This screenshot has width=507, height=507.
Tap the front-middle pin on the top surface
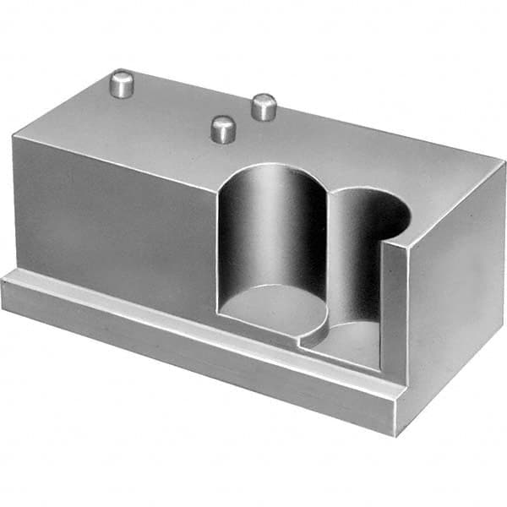coord(223,128)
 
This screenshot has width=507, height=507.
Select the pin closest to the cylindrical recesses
coord(264,106)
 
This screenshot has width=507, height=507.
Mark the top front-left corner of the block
coord(14,137)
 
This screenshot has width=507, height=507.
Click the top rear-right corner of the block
coord(504,162)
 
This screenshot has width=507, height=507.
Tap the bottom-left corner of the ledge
coord(3,306)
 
